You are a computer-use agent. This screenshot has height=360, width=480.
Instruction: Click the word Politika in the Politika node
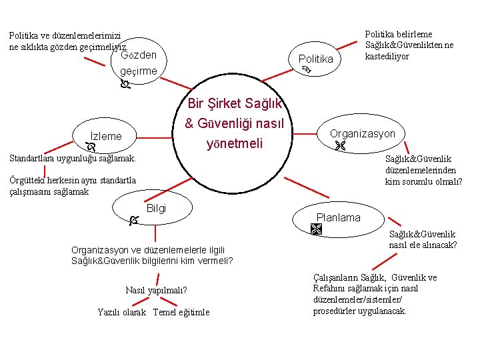pos(315,59)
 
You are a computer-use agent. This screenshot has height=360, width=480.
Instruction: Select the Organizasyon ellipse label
pos(363,133)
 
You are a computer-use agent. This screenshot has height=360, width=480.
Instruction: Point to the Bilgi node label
pos(156,209)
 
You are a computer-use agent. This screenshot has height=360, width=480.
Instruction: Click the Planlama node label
pos(338,217)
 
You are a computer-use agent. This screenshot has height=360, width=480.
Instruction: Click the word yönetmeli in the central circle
pos(235,143)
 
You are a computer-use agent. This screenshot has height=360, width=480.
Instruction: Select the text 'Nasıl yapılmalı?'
pos(156,290)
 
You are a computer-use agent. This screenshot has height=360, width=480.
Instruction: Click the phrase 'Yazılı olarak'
pos(121,312)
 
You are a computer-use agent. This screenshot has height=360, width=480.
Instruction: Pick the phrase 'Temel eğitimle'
pos(181,312)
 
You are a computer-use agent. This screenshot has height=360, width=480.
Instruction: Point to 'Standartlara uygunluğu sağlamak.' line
pos(71,159)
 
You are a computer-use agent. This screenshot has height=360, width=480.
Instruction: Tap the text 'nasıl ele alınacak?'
pos(423,245)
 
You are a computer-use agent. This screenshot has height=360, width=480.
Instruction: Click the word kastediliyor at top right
pos(387,56)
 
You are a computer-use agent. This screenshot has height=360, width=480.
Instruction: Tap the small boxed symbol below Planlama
pos(316,229)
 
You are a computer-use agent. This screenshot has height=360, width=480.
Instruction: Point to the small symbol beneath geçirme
pos(125,85)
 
